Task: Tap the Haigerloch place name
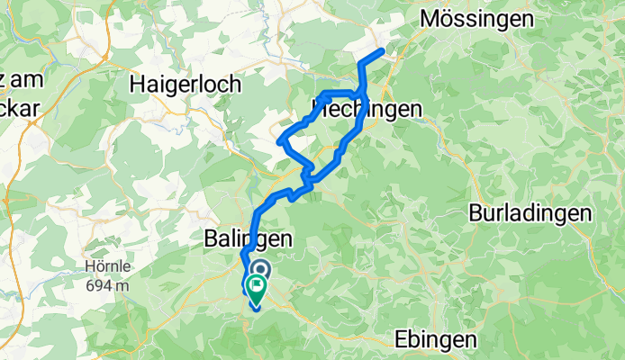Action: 186,84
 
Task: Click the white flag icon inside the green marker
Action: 256,289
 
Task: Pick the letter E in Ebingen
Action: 401,339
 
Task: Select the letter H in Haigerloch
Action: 137,84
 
